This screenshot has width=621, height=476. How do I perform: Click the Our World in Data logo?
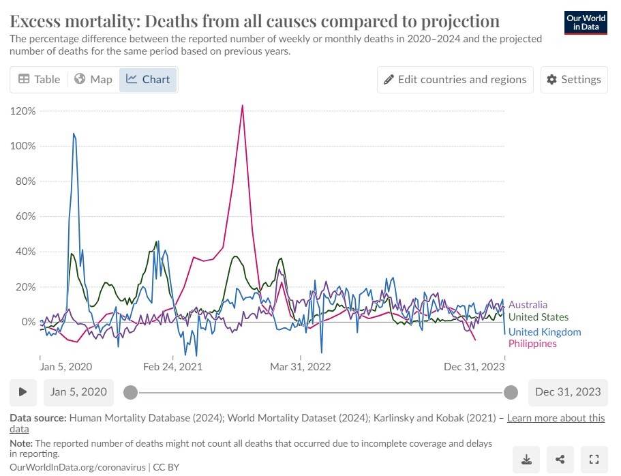point(586,23)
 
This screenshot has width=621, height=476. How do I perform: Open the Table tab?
point(39,79)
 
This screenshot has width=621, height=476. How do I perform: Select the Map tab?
point(93,79)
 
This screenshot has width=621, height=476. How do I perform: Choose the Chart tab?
point(148,79)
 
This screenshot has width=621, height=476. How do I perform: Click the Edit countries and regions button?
point(455,79)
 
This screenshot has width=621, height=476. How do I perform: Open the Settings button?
point(574,79)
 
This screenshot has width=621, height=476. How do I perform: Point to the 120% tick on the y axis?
point(24,110)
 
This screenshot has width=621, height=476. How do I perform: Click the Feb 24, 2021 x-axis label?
point(173,367)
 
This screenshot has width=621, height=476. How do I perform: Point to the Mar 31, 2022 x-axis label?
point(300,367)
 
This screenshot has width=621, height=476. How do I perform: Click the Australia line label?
point(528,305)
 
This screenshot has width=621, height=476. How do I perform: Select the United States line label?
point(539,317)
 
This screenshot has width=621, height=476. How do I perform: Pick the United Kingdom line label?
point(545,332)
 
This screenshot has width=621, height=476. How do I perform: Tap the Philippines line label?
point(532,344)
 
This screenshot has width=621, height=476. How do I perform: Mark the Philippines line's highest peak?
point(242,105)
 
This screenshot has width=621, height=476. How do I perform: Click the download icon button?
point(526,458)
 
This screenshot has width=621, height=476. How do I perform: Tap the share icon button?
point(560,458)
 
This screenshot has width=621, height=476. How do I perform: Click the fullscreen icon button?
point(594,458)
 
